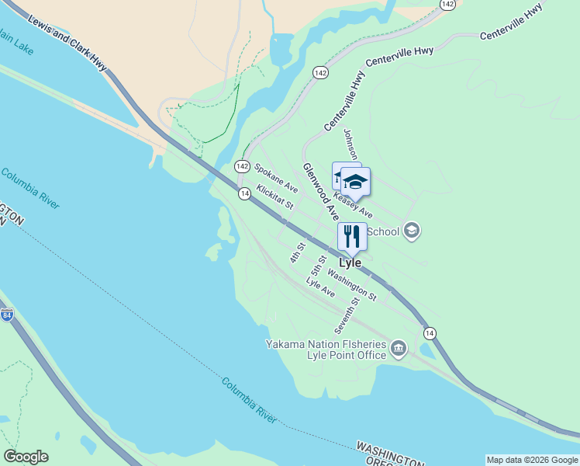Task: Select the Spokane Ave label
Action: pos(276,177)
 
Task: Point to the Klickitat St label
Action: pos(274,196)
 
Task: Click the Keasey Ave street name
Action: pos(353,203)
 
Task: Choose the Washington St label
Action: pos(351,284)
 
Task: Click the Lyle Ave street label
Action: pos(320,287)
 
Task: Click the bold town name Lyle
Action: pos(350,263)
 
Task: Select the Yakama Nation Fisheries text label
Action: pos(326,344)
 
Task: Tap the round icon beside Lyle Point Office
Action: pos(399,349)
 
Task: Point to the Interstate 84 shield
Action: pos(7,315)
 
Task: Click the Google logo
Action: pos(26,457)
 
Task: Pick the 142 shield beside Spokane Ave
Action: pos(242,167)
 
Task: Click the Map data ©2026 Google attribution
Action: pos(532,460)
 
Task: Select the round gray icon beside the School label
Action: pos(412,230)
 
